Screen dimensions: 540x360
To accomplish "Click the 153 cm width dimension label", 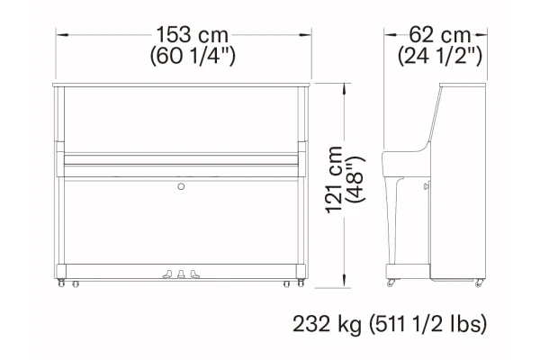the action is point(193,35).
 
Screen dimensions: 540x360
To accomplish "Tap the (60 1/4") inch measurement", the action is point(193,56).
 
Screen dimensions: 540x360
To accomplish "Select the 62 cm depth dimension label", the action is point(440,35).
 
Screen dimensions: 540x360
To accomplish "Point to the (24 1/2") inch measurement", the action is point(440,56).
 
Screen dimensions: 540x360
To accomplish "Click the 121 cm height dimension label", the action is point(334,180).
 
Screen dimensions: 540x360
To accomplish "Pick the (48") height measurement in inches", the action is point(355,179).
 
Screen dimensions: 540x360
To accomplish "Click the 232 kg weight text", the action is point(328,324).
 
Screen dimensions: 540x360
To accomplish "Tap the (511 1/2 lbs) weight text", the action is point(428,324).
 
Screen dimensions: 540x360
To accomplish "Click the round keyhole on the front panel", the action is point(181,186).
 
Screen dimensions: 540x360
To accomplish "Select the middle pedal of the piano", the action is point(181,274).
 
